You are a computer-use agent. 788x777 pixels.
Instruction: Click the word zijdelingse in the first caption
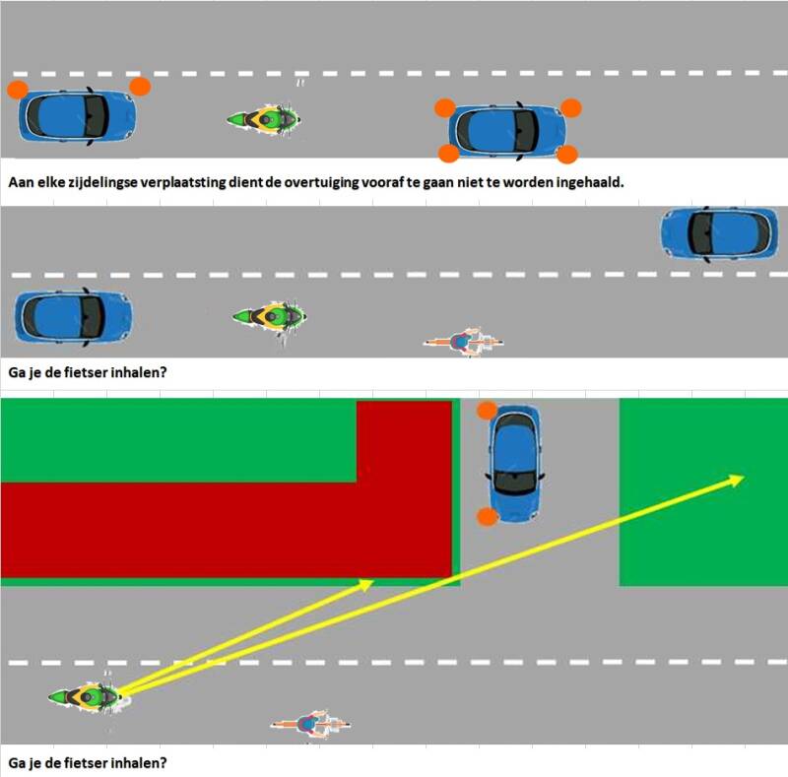click(95, 182)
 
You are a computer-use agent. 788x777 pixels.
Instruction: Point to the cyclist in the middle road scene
click(463, 342)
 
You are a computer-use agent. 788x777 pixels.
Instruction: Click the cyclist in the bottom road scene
click(310, 724)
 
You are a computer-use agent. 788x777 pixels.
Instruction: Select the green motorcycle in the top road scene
click(264, 119)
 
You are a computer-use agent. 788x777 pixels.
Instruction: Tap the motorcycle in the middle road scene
click(270, 317)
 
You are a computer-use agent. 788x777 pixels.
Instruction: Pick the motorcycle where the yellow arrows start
click(86, 697)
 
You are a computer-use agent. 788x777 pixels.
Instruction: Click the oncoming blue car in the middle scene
click(719, 234)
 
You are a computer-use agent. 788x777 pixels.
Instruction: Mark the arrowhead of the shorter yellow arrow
click(365, 585)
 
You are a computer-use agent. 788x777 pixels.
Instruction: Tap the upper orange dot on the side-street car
click(487, 411)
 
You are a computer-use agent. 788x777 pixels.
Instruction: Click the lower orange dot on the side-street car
click(488, 517)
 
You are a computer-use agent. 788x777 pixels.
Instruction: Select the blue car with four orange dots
click(507, 132)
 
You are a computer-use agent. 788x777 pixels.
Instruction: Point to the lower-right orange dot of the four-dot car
click(567, 155)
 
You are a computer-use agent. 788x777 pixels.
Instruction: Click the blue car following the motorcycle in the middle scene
click(73, 317)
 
